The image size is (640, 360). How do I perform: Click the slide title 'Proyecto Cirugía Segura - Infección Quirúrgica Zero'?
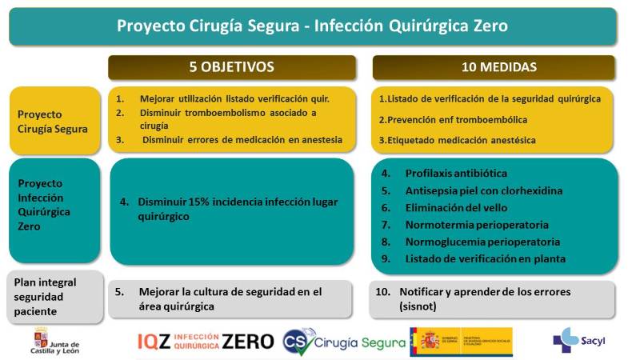312,26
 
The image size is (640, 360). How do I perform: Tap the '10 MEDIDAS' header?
494,66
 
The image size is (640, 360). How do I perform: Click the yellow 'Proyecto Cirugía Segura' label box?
54,120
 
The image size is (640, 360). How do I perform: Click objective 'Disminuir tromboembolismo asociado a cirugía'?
228,118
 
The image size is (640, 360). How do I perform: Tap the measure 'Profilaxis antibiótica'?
456,173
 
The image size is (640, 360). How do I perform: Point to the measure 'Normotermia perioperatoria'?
477,225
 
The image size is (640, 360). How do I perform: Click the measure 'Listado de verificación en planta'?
485,258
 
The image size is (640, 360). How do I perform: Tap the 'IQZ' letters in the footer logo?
154,342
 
